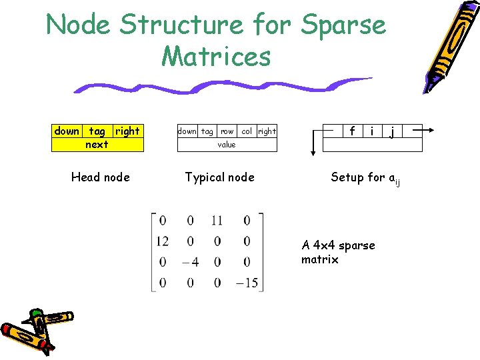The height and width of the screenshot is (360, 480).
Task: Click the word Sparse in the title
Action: click(343, 25)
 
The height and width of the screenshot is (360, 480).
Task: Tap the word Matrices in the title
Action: click(216, 57)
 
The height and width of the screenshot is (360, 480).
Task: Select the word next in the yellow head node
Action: click(97, 144)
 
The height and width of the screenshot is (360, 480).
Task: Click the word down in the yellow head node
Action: click(67, 131)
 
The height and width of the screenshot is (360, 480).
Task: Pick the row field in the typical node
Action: click(227, 131)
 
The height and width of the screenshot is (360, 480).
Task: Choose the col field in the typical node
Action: click(247, 131)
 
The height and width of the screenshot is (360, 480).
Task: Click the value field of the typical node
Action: click(227, 145)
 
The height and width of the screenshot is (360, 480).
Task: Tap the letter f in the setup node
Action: click(351, 131)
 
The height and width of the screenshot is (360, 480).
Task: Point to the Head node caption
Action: click(100, 177)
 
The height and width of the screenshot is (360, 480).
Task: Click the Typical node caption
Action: click(219, 177)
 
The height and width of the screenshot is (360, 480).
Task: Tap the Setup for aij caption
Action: click(365, 177)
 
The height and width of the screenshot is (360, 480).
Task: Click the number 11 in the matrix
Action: click(217, 221)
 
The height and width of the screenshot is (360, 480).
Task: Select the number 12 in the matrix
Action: click(162, 241)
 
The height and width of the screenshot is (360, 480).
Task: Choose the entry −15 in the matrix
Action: click(246, 283)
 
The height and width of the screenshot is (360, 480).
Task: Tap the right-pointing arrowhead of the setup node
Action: click(431, 131)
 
